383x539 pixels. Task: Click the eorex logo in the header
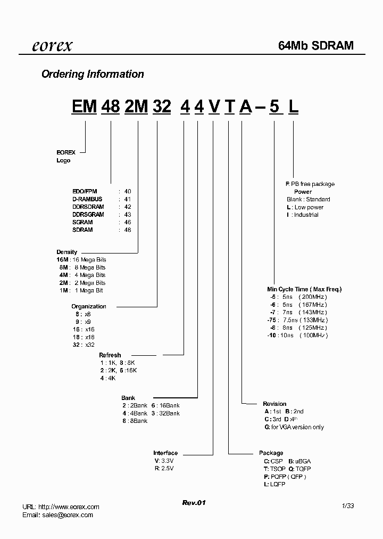point(52,46)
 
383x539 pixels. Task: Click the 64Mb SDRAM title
point(316,46)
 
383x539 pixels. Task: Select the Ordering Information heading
point(93,74)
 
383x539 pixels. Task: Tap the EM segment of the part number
point(84,107)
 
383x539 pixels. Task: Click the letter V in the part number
point(213,107)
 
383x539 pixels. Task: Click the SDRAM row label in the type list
point(82,230)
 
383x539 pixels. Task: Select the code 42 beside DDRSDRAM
point(128,207)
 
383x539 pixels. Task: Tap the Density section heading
point(67,252)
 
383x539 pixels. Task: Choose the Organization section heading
point(89,306)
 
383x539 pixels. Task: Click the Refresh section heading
point(110,355)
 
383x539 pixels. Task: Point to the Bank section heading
point(128,398)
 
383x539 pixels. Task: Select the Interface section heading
point(165,453)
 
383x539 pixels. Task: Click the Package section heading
point(271,453)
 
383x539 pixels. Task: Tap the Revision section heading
point(274,404)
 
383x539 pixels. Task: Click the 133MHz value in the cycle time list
point(315,320)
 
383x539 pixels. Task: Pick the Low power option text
point(309,207)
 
